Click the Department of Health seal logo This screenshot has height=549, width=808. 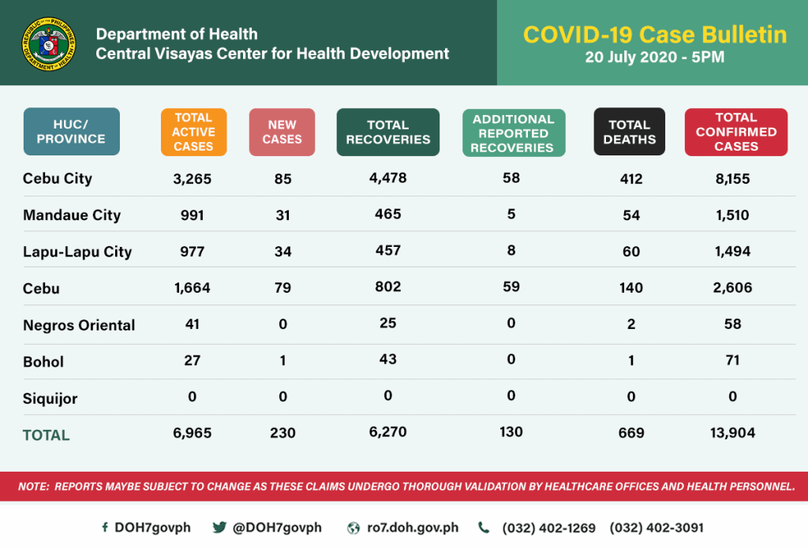click(x=49, y=43)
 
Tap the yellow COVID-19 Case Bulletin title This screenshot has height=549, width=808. click(x=655, y=35)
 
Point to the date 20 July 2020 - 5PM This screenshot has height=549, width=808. click(x=654, y=57)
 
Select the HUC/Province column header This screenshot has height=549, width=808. click(x=72, y=132)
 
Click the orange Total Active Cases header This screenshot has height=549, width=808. click(x=194, y=132)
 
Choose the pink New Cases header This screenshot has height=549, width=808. click(x=282, y=132)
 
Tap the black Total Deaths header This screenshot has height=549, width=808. click(x=629, y=132)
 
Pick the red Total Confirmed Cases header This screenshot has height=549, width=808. click(x=736, y=132)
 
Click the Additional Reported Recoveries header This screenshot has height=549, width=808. click(x=514, y=133)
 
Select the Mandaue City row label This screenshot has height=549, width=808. click(x=72, y=215)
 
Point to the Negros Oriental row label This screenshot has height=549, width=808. click(x=79, y=325)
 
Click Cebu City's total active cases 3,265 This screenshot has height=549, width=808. click(x=193, y=179)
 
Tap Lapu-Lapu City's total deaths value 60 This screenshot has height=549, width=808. click(x=631, y=252)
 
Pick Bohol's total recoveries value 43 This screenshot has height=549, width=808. click(x=388, y=359)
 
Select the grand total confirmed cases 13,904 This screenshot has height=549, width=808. click(x=732, y=432)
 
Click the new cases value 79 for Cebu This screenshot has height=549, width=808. click(x=283, y=287)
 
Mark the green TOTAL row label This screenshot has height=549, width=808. click(x=47, y=435)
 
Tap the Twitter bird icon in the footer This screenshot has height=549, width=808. click(x=219, y=528)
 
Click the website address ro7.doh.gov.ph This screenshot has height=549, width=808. click(x=413, y=528)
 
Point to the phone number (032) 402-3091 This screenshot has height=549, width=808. click(x=656, y=528)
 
